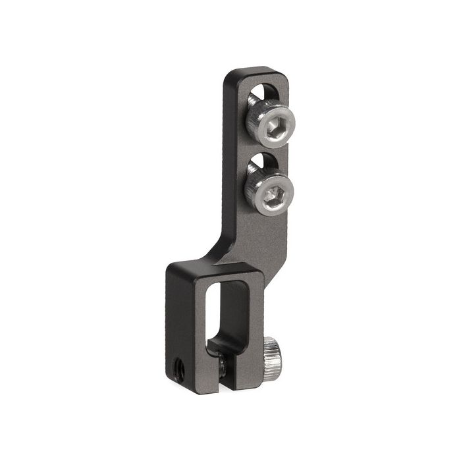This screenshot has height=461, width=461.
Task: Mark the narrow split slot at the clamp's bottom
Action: pos(221,379)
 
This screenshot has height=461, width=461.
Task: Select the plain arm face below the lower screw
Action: pos(263,234)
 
